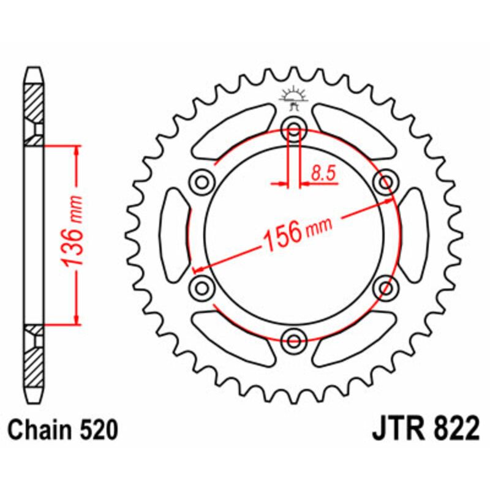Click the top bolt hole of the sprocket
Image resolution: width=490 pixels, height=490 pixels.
[x=294, y=129]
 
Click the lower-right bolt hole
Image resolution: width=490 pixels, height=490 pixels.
[x=386, y=287]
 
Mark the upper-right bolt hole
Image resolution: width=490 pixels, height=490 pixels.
[x=386, y=182]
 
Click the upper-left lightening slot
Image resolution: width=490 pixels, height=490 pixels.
[x=236, y=132]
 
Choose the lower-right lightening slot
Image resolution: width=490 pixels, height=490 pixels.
[x=352, y=337]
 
